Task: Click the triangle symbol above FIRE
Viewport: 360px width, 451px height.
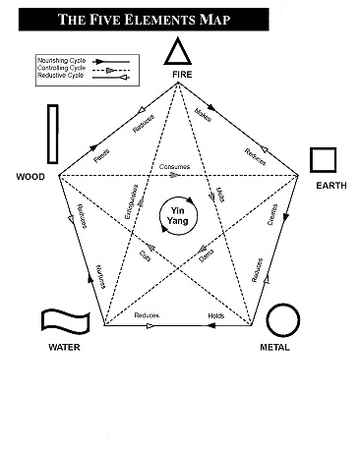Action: [x=179, y=52]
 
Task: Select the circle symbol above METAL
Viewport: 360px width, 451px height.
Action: [x=282, y=319]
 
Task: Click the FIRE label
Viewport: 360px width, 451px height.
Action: [x=180, y=75]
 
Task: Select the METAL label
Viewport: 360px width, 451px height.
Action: [x=274, y=347]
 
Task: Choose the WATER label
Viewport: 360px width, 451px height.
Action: [x=65, y=347]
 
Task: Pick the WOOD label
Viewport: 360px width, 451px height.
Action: [x=30, y=177]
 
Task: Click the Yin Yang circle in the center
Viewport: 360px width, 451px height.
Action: [x=179, y=215]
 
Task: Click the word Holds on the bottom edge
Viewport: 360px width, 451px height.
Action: [x=215, y=315]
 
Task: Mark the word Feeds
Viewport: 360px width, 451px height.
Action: [x=100, y=153]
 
